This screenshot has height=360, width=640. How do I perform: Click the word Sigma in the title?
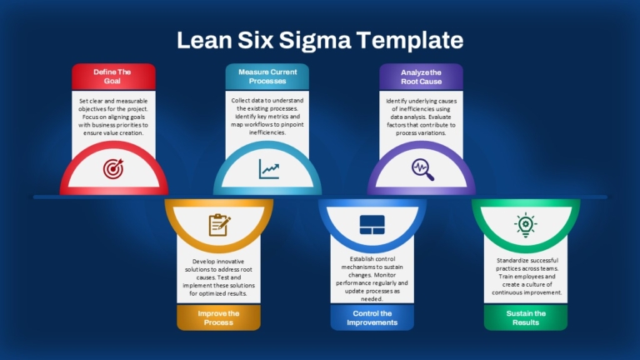click(315, 41)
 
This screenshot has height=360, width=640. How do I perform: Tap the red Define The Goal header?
click(113, 77)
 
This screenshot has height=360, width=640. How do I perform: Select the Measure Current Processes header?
click(267, 77)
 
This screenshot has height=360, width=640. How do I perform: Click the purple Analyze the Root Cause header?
click(421, 77)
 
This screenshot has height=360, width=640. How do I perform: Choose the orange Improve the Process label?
click(218, 317)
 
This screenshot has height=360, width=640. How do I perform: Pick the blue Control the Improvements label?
click(372, 317)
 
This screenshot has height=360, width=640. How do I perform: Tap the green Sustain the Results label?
click(526, 317)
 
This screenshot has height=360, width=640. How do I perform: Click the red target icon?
click(113, 169)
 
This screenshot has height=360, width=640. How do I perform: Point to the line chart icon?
click(269, 169)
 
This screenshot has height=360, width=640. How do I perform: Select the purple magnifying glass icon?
click(422, 169)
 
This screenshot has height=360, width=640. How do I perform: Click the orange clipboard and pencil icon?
click(220, 225)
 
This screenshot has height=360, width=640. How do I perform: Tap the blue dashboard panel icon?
click(372, 225)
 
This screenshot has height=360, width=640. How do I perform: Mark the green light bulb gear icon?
click(526, 225)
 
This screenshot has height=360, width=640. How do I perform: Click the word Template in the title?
click(410, 40)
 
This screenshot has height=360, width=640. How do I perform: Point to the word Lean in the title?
click(204, 40)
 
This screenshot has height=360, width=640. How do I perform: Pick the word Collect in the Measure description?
click(241, 100)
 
